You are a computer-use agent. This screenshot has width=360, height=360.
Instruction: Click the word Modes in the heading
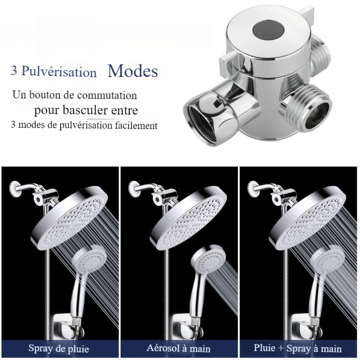(132, 71)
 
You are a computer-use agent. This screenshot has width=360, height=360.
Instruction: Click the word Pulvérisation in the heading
(59, 72)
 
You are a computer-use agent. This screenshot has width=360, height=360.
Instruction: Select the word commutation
(107, 95)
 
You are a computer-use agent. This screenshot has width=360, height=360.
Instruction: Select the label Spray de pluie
(58, 348)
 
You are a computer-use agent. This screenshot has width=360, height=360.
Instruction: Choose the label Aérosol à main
(178, 348)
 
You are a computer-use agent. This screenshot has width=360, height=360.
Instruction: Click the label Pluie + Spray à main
(297, 348)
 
